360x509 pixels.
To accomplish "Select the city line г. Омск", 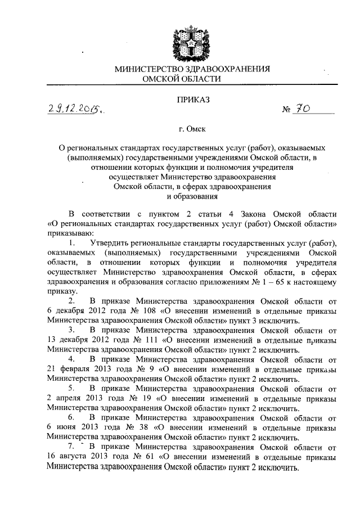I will (x=193, y=129).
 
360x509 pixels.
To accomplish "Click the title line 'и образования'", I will (x=193, y=196).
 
